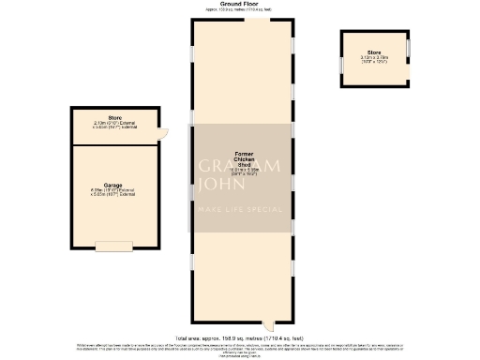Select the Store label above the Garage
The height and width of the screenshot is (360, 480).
(114, 118)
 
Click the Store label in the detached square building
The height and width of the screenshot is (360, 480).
(375, 51)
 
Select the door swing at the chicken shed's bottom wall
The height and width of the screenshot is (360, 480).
(268, 322)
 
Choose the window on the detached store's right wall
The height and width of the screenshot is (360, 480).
(409, 47)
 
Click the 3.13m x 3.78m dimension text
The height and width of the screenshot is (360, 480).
(375, 58)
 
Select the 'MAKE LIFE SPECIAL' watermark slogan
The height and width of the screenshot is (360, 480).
(238, 208)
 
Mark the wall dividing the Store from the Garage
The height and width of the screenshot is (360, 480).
(114, 143)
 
